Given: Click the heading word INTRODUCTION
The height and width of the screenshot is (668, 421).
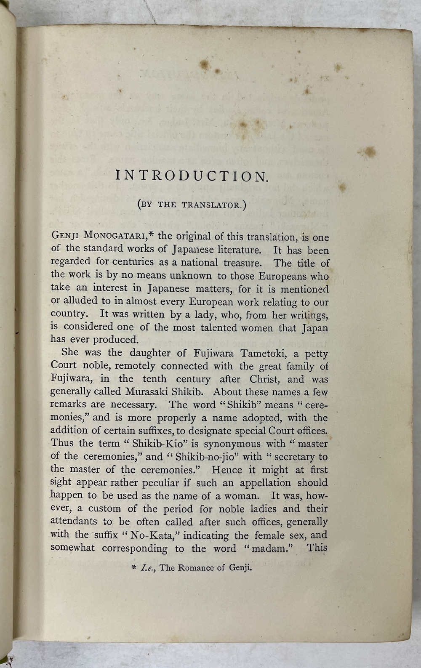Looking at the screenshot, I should pos(192,176).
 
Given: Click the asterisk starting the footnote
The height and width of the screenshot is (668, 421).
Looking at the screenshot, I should pos(133,568).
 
